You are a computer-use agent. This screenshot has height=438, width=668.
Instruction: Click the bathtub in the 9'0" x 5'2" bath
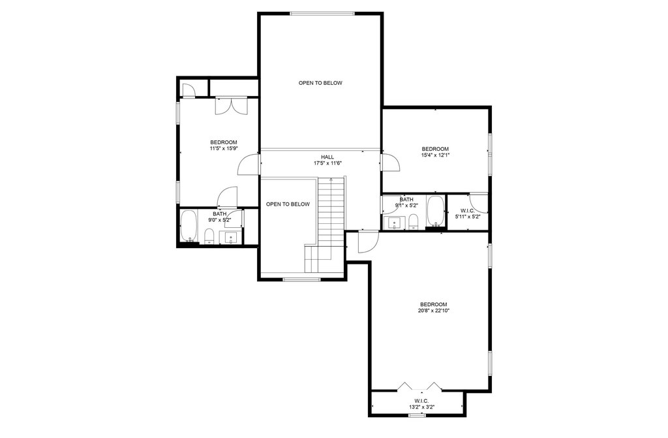tap(189, 227)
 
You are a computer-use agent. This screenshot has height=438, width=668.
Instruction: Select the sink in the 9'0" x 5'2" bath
tap(230, 238)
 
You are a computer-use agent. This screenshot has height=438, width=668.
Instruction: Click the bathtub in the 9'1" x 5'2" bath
tap(435, 213)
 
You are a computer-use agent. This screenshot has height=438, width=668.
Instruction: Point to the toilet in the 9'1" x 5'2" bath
tap(413, 221)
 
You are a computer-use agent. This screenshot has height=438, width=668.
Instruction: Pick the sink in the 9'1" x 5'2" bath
tap(394, 223)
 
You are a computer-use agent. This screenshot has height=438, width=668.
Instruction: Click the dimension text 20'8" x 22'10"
tap(433, 311)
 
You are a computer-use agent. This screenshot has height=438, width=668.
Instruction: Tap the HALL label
tap(327, 157)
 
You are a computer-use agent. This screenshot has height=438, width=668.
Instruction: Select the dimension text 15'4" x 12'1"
tap(435, 155)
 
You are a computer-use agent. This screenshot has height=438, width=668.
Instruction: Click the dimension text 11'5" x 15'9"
tap(223, 149)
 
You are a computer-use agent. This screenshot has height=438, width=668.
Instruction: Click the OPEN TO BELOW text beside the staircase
tap(288, 204)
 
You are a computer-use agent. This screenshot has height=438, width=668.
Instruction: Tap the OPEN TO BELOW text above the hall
tap(320, 83)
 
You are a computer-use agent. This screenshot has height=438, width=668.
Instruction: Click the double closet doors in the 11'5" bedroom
tap(230, 106)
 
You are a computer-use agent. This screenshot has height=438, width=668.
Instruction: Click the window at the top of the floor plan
tap(322, 13)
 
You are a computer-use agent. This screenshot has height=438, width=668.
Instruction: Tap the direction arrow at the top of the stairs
tap(331, 181)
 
